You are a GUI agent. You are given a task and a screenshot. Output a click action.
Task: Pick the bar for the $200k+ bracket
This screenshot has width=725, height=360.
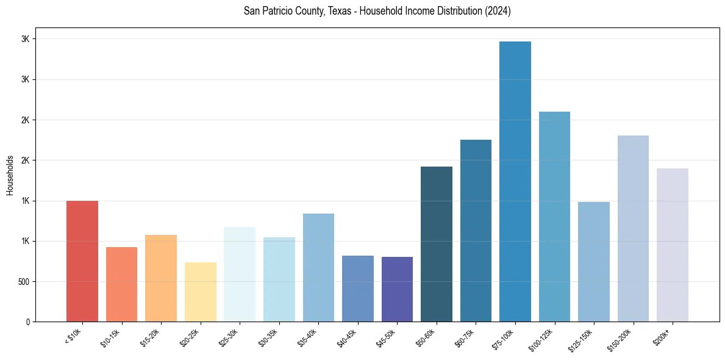coord(673,245)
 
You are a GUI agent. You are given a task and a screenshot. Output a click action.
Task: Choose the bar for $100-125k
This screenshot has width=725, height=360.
coord(554,217)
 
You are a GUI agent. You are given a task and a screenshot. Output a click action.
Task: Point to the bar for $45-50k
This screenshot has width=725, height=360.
coord(397,289)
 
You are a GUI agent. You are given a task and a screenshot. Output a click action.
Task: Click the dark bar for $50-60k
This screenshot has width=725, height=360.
coord(437,244)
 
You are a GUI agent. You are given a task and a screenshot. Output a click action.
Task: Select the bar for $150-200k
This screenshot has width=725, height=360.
coord(633,228)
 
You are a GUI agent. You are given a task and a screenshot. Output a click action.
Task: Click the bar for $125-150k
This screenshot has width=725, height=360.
coord(594,262)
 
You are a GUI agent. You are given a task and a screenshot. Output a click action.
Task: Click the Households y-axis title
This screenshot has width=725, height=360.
coord(10,175)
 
